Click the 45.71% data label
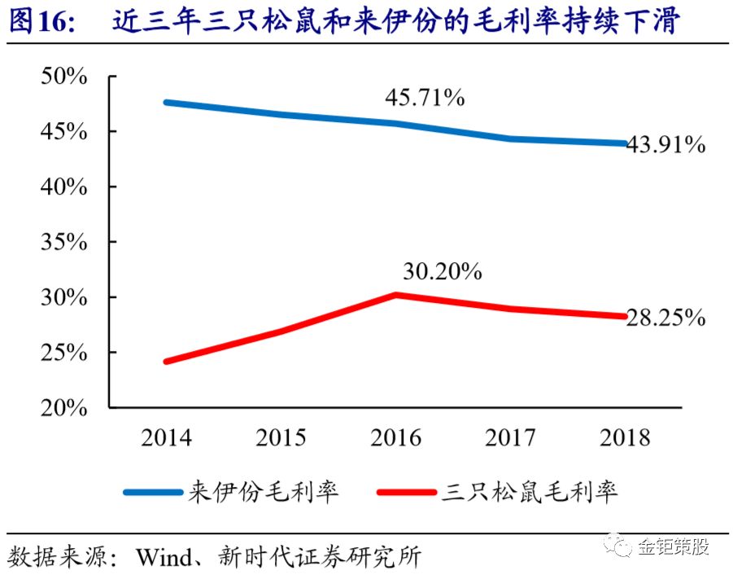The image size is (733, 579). pyautogui.click(x=425, y=99)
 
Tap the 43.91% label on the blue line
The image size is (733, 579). pyautogui.click(x=665, y=145)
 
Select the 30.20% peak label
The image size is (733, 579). pyautogui.click(x=442, y=272)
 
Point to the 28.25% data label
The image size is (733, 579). pyautogui.click(x=665, y=318)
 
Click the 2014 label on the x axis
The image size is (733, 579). pyautogui.click(x=166, y=437)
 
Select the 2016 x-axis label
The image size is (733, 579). pyautogui.click(x=396, y=437)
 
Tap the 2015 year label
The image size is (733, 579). pyautogui.click(x=281, y=437)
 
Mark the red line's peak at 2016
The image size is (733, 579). pyautogui.click(x=395, y=294)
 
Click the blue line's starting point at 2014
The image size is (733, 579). pyautogui.click(x=167, y=103)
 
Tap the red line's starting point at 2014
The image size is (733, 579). pyautogui.click(x=167, y=361)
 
